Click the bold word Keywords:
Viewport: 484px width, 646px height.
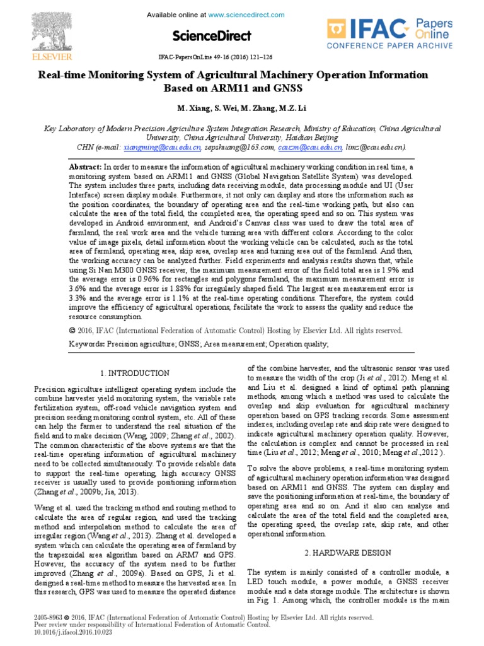point(86,344)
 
